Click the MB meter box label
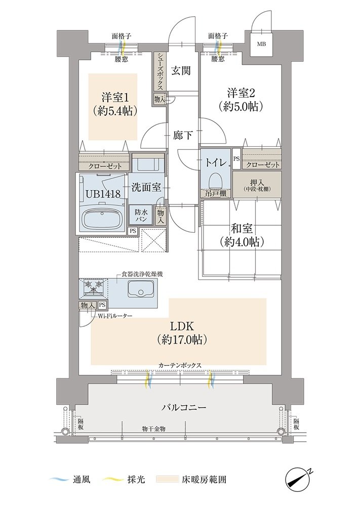(261, 44)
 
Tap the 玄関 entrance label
(180, 70)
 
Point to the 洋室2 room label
(242, 93)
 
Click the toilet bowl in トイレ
(215, 180)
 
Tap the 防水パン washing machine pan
(141, 216)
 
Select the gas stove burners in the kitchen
(94, 288)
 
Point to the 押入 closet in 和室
(257, 184)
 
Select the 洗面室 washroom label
(146, 187)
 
